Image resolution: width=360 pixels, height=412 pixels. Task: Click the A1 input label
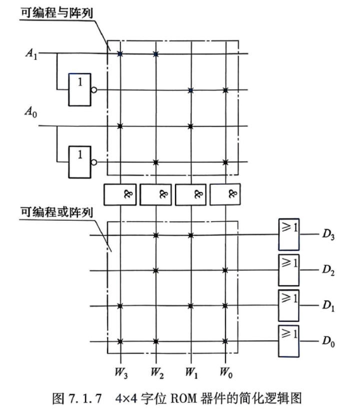[x=31, y=54]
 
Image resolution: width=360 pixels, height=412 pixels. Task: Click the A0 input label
[x=31, y=112]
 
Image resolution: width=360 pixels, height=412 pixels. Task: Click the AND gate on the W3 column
[x=120, y=194]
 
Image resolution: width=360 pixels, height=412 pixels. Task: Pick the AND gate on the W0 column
[x=225, y=194]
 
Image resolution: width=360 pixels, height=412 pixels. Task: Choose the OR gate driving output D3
[x=288, y=234]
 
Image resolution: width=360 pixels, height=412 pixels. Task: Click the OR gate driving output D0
[x=288, y=341]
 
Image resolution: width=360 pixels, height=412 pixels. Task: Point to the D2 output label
[x=328, y=270]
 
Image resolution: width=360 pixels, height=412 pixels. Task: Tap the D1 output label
[x=328, y=305]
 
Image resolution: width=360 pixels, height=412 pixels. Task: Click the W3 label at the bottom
[x=121, y=372]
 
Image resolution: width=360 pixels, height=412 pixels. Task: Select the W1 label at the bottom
[x=191, y=372]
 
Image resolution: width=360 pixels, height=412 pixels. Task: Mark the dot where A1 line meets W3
[x=120, y=54]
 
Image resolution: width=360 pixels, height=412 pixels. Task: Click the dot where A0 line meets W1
[x=191, y=126]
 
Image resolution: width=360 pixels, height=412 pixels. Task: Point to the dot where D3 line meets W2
[x=156, y=235]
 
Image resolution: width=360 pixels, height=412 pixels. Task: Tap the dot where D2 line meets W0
[x=225, y=270]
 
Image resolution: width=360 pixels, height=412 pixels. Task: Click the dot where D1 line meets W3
[x=120, y=306]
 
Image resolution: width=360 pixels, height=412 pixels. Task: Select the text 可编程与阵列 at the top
[x=57, y=13]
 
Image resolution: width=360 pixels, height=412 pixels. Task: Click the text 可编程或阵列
[x=57, y=212]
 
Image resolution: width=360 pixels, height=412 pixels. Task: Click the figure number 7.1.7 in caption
[x=85, y=398]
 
